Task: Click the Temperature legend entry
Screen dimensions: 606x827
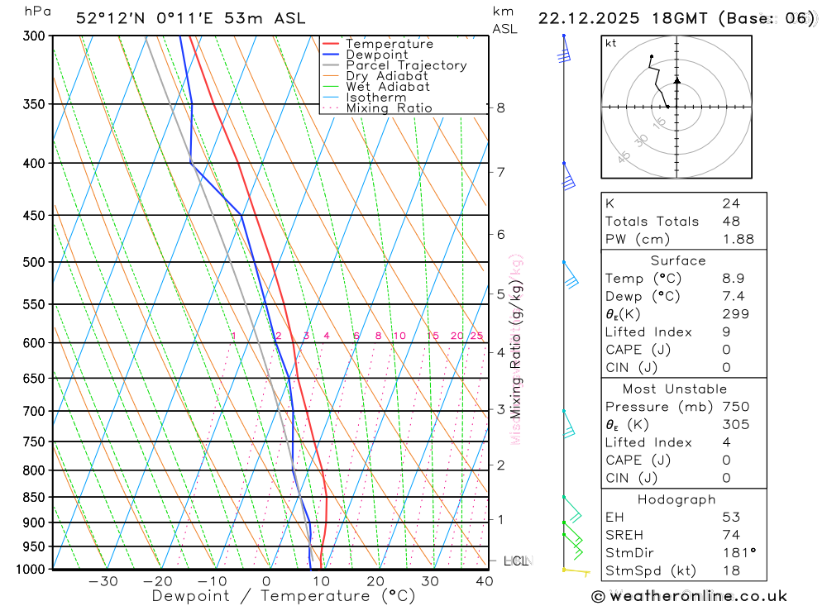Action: pyautogui.click(x=389, y=44)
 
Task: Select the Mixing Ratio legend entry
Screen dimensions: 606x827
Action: pyautogui.click(x=389, y=107)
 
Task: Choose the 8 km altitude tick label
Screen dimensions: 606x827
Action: pyautogui.click(x=500, y=107)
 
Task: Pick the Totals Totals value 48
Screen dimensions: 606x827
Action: pyautogui.click(x=731, y=221)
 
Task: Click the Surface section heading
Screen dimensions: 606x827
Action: pyautogui.click(x=678, y=260)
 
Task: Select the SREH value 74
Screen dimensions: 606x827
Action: pyautogui.click(x=731, y=535)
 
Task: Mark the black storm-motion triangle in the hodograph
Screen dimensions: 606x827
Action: pyautogui.click(x=676, y=80)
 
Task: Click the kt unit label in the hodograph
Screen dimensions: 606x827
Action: pyautogui.click(x=610, y=43)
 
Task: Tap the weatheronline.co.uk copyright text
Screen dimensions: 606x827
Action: pyautogui.click(x=689, y=596)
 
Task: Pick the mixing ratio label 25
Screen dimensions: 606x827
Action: pyautogui.click(x=476, y=336)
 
